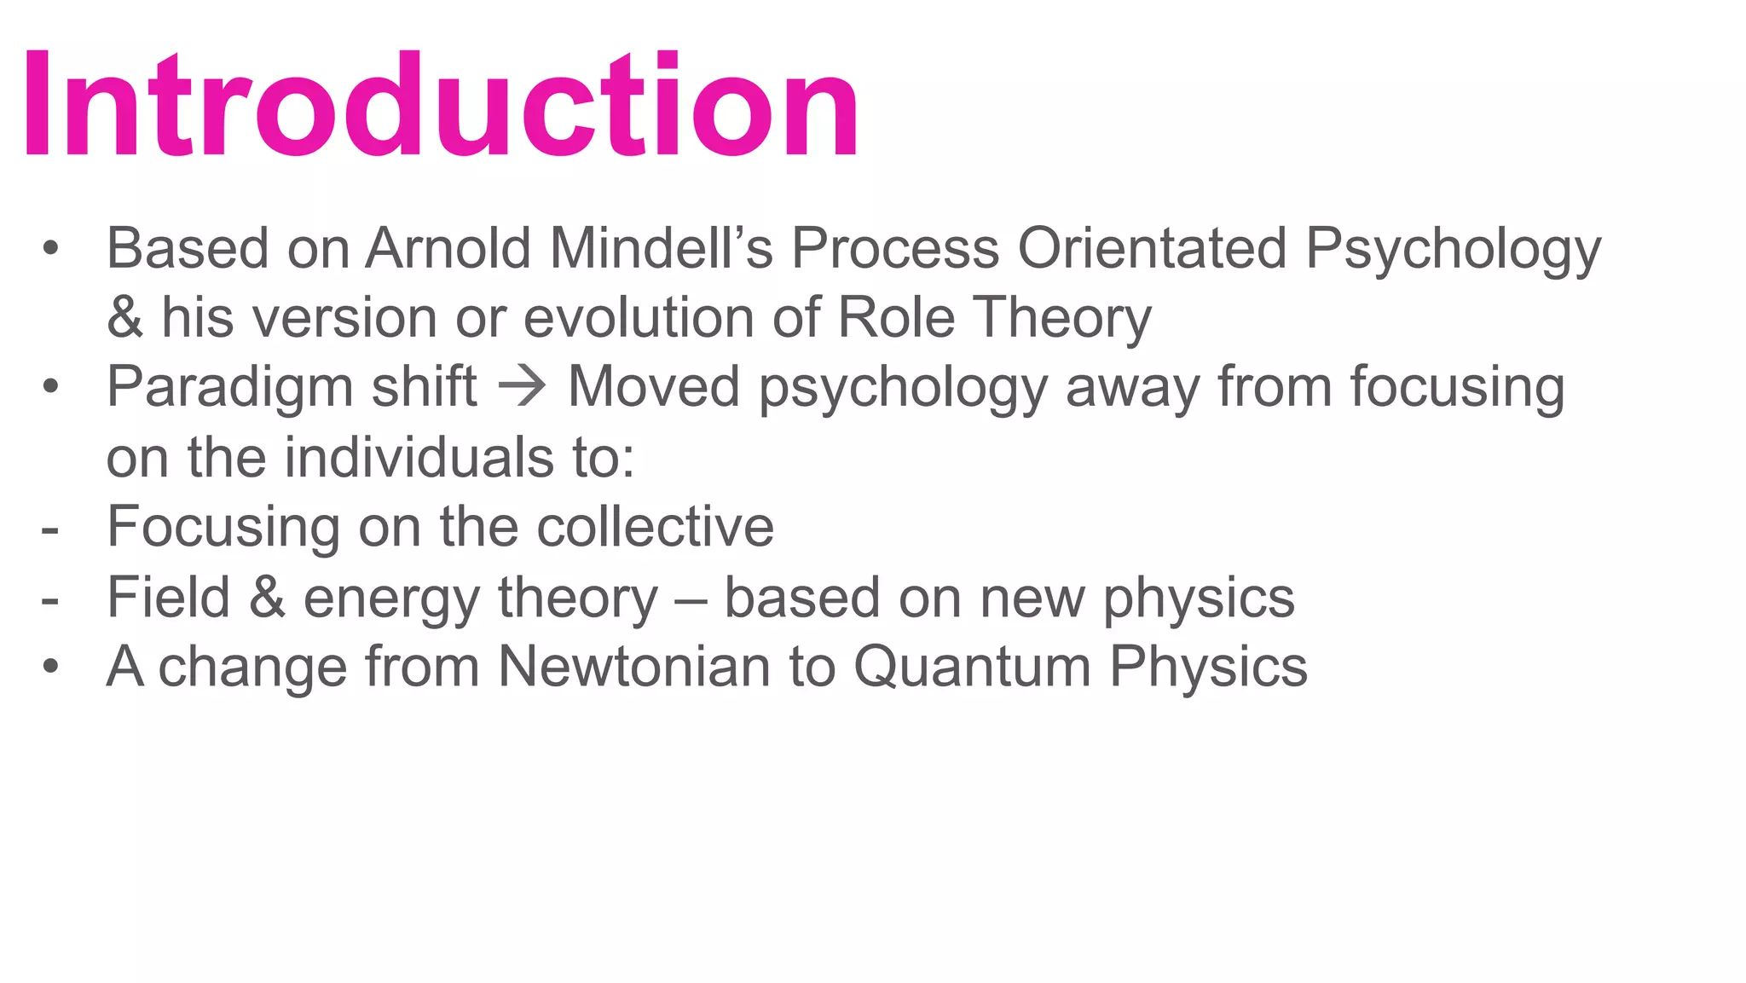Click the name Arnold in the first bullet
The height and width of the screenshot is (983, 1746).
pos(449,249)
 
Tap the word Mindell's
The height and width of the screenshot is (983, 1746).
pos(661,249)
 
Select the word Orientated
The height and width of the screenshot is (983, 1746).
pos(1152,249)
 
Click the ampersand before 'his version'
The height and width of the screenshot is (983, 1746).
pos(124,318)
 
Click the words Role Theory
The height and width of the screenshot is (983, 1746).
pos(994,318)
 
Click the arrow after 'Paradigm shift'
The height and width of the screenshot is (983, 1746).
pos(522,388)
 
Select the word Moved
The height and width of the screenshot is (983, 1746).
pos(653,388)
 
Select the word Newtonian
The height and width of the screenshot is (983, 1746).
pos(633,667)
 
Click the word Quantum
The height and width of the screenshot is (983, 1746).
pos(972,667)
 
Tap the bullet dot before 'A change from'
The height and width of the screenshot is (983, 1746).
pos(51,667)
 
